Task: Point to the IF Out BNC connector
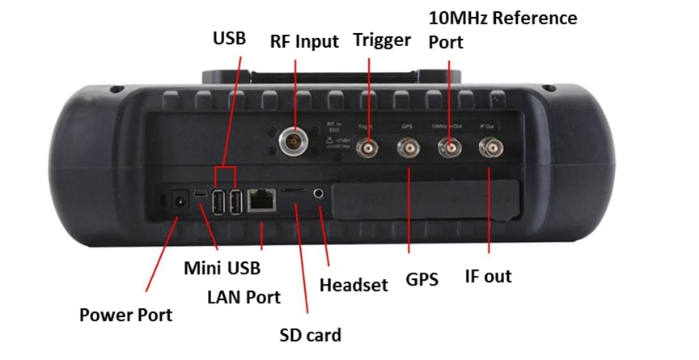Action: [x=490, y=148]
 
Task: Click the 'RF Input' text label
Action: [x=304, y=42]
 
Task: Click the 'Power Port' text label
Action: [x=125, y=315]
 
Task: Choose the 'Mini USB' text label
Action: [x=222, y=267]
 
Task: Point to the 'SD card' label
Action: [x=310, y=334]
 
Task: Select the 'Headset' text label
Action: [x=354, y=285]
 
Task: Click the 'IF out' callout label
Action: [x=488, y=277]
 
